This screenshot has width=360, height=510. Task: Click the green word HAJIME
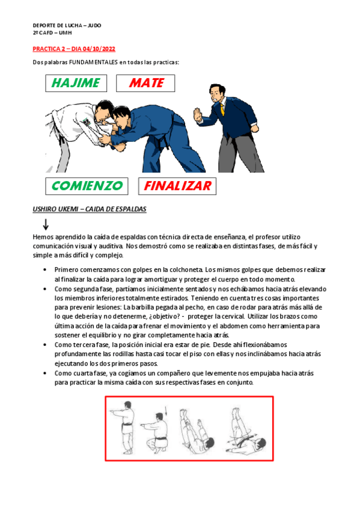pos(76,83)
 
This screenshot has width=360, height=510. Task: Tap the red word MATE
pos(147,83)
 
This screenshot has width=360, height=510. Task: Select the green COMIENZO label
pos(87,186)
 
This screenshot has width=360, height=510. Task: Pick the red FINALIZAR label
pos(178,186)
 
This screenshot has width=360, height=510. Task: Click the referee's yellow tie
pos(222,109)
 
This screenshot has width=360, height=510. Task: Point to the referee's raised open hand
pos(198,115)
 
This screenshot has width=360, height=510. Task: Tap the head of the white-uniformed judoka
pos(105,110)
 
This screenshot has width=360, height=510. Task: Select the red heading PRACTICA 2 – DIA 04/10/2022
pos(74,49)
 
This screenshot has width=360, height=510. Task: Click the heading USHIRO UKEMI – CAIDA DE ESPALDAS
pos(90,209)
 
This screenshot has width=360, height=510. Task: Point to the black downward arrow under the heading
pos(46,225)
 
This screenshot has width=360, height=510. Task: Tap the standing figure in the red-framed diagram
pos(126,428)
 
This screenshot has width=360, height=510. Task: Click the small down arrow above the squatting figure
pos(166,411)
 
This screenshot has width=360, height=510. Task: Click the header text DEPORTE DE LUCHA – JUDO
pos(67,25)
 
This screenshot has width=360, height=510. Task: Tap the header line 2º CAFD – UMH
pos(52,33)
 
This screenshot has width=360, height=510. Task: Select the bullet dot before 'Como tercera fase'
pos(45,345)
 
